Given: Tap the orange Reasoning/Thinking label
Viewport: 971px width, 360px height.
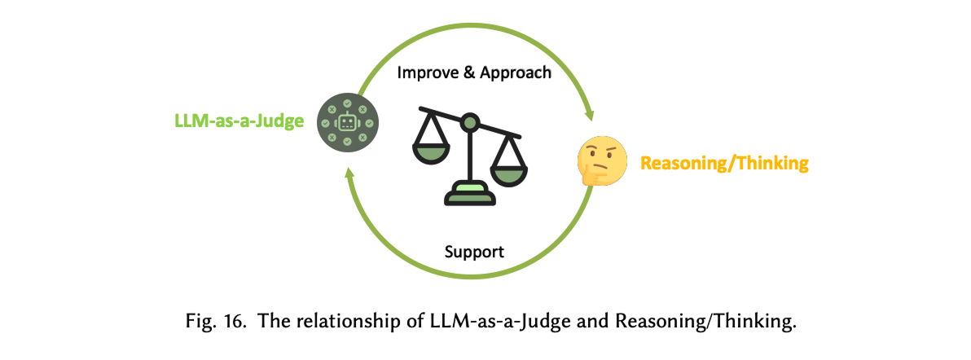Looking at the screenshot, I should click(724, 163).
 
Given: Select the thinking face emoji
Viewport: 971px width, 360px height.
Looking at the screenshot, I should click(602, 160).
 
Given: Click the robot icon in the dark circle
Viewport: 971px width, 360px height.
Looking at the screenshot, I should click(347, 123).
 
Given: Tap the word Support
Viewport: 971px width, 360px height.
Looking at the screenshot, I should click(474, 251).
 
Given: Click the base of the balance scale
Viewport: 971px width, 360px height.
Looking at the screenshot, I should click(468, 195).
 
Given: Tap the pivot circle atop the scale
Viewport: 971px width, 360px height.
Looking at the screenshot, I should click(469, 123).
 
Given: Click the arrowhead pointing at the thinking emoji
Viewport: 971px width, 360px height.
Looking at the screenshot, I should click(591, 114).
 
